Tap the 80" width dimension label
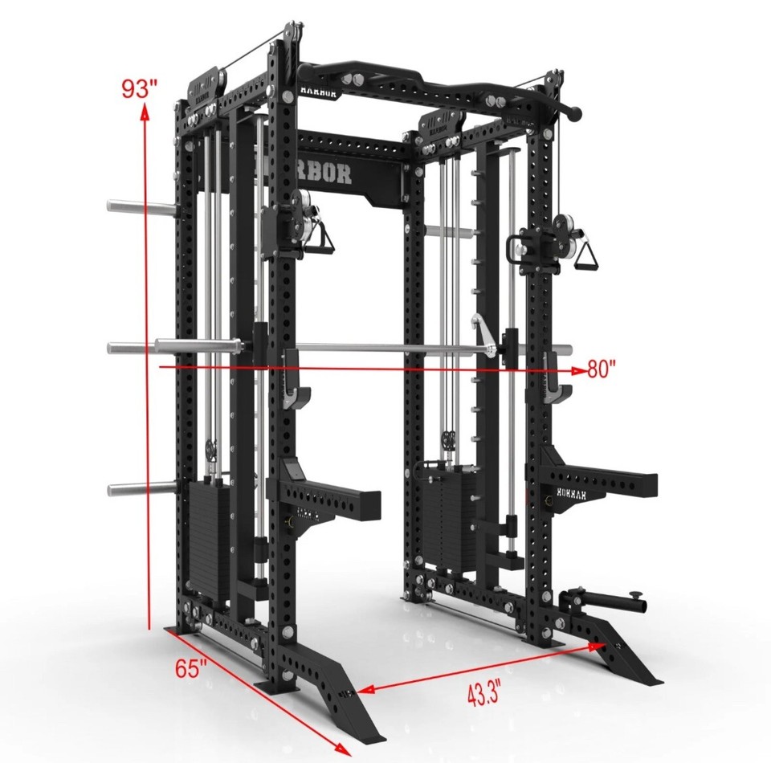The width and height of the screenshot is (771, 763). [x=602, y=369]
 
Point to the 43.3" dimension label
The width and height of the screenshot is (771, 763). [x=483, y=692]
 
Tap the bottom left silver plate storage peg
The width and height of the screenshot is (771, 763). [x=141, y=488]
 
